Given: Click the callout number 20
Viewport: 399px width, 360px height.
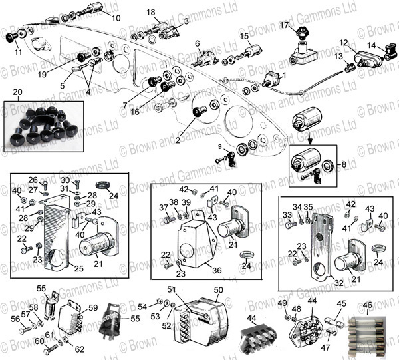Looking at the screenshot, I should [17, 92].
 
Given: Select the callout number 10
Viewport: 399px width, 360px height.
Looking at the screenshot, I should [116, 18].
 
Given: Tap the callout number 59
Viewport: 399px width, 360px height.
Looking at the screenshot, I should [92, 307].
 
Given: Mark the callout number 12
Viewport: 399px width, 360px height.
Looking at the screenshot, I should [342, 43].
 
